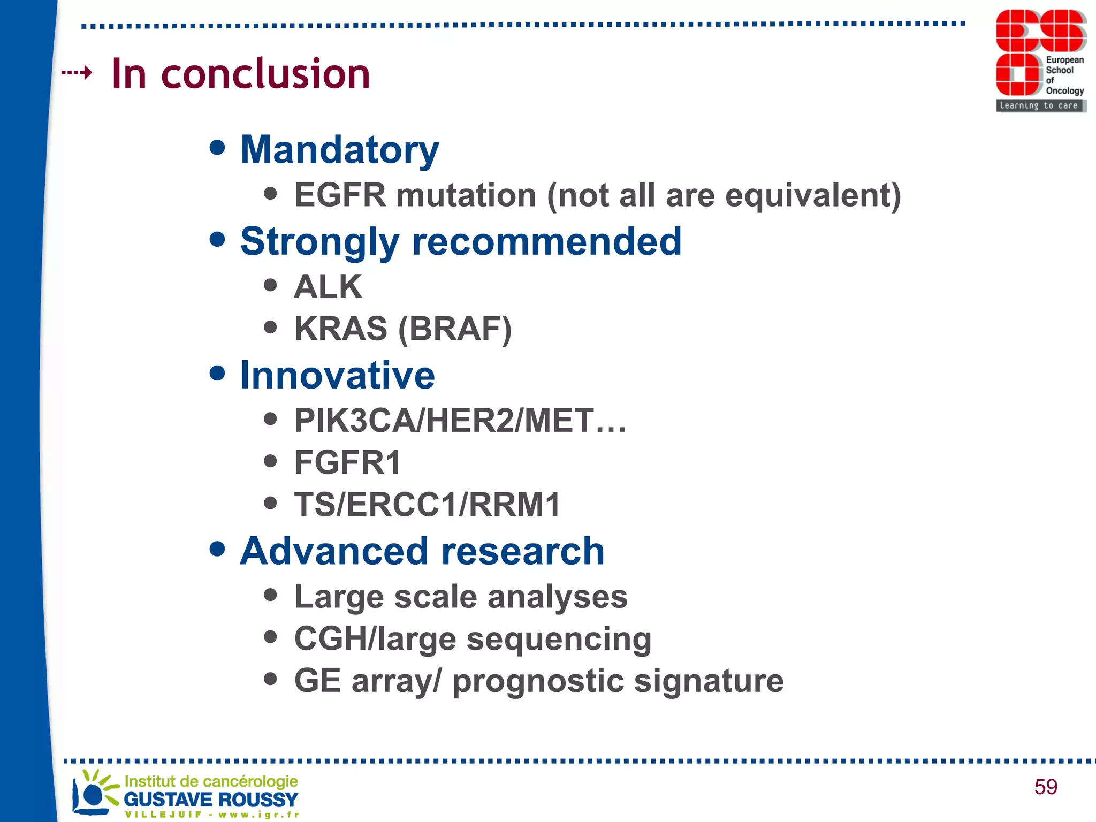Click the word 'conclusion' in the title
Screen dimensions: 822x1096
point(265,74)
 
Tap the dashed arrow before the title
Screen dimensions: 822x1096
point(77,72)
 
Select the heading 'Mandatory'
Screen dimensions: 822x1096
point(339,150)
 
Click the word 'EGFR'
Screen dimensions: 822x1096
point(340,195)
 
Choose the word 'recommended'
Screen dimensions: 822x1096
point(546,242)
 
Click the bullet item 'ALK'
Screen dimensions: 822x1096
point(328,287)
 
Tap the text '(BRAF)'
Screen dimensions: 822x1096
point(455,329)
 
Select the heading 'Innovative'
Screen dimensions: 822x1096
point(337,376)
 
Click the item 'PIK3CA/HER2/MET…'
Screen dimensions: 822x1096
point(460,421)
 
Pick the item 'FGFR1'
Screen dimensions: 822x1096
point(347,463)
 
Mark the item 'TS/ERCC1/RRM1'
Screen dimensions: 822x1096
point(427,505)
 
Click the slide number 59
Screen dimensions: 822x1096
point(1045,787)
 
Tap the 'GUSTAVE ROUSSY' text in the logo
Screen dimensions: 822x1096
point(211,800)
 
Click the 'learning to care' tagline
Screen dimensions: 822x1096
point(1038,105)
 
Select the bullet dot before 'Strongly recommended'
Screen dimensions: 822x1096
point(217,239)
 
